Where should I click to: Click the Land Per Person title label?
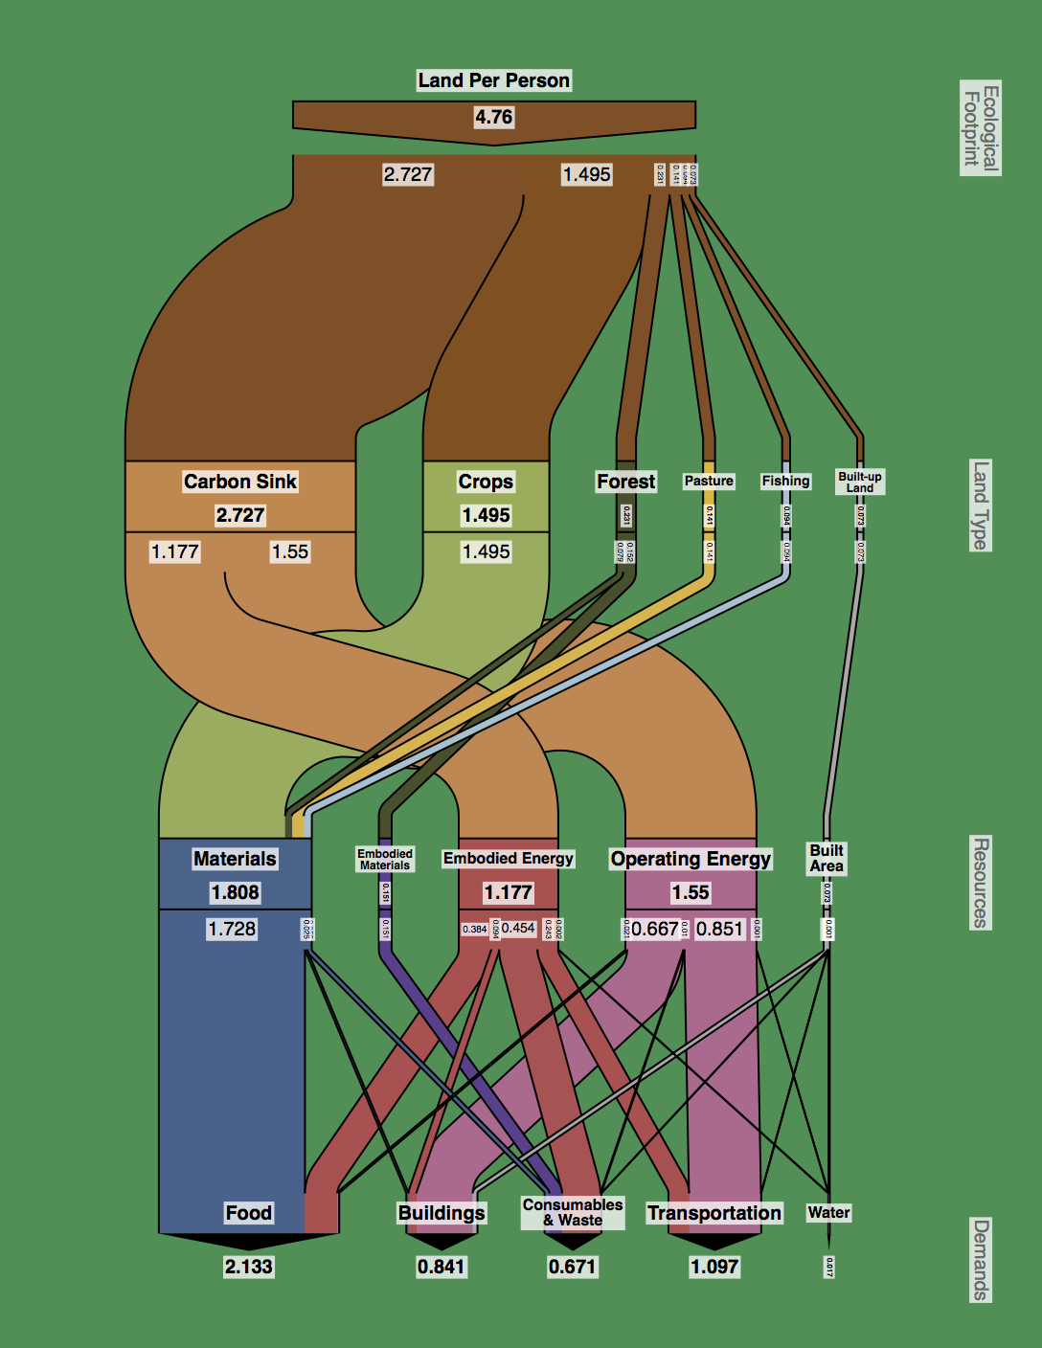click(493, 80)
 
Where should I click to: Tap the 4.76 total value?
click(493, 117)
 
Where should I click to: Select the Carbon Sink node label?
click(240, 482)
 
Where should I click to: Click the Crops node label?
click(486, 482)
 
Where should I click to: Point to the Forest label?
click(626, 482)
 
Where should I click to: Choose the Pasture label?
click(709, 481)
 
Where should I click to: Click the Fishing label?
click(786, 481)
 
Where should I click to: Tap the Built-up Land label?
click(860, 482)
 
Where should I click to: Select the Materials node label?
click(235, 859)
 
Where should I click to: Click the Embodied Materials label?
click(385, 859)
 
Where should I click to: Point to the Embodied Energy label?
click(509, 859)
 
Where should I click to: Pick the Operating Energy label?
click(691, 859)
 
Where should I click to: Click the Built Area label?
click(827, 858)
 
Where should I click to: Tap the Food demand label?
click(249, 1213)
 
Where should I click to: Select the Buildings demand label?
click(442, 1213)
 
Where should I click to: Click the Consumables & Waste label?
click(573, 1212)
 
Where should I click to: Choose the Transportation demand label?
click(714, 1213)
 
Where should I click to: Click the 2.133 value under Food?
click(249, 1267)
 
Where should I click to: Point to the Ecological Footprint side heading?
click(981, 127)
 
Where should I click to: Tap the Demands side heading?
click(981, 1260)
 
